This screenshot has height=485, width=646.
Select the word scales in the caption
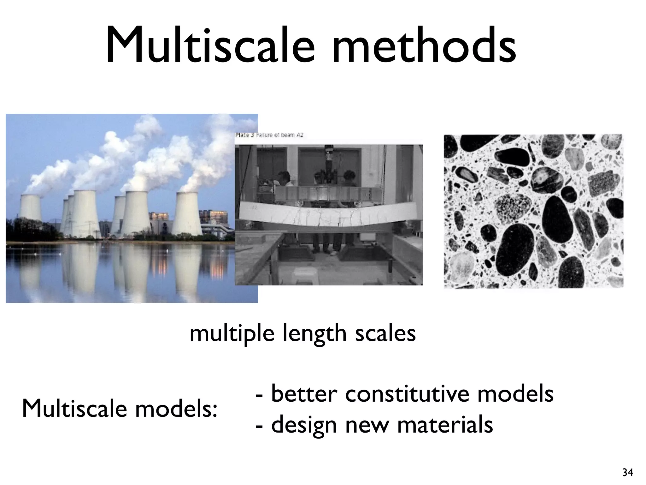(x=385, y=333)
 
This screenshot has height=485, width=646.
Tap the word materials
(x=445, y=425)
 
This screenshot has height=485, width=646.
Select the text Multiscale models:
(x=120, y=409)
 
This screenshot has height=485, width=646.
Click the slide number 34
(x=627, y=473)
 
